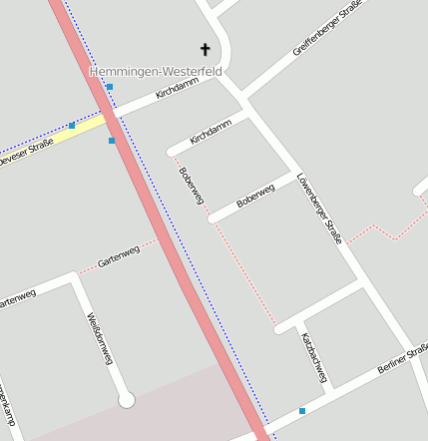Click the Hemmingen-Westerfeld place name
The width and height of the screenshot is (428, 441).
(156, 72)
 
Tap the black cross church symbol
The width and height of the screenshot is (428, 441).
(206, 49)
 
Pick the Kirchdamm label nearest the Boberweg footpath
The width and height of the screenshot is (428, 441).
(211, 132)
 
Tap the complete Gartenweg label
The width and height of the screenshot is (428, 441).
(118, 256)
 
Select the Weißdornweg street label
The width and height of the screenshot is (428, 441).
(98, 338)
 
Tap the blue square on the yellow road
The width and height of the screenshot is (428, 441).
(72, 126)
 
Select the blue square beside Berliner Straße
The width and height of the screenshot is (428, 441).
(302, 410)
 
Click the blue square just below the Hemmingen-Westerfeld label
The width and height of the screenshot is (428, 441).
(110, 88)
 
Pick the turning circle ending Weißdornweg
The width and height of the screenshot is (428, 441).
(127, 400)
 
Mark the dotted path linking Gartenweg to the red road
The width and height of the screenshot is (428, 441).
(146, 242)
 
